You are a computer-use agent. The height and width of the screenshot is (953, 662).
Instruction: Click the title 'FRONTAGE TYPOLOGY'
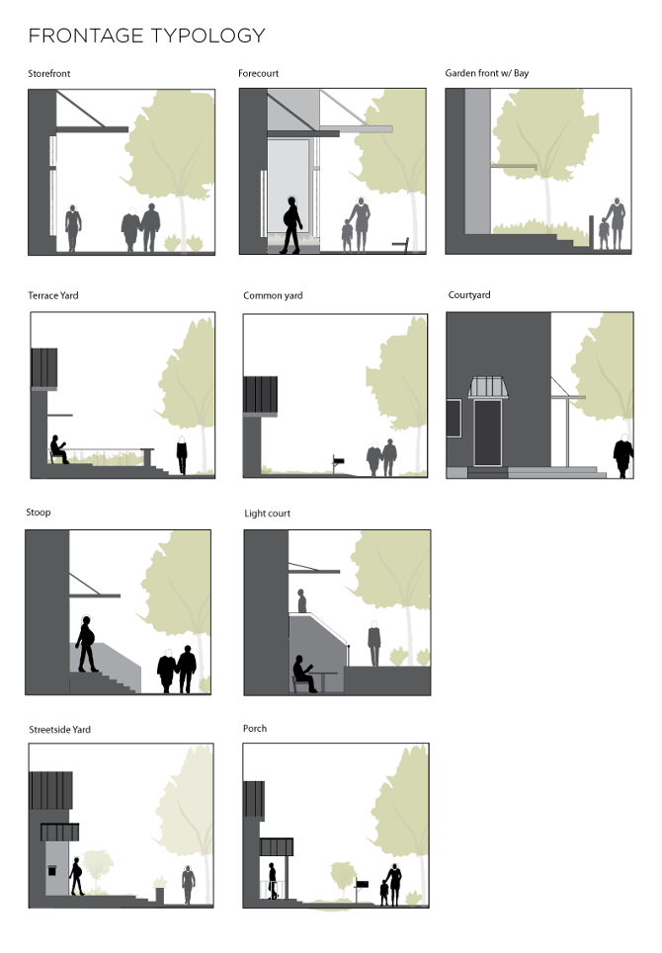(147, 36)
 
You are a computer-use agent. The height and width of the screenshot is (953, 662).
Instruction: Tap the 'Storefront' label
(48, 73)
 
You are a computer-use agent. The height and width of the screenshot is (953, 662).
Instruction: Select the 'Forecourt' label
(258, 73)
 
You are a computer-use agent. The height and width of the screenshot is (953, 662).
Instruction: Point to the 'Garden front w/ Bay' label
(487, 73)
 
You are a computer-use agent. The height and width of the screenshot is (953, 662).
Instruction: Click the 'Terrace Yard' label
(53, 295)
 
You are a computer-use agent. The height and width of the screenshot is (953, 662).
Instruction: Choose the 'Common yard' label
(273, 296)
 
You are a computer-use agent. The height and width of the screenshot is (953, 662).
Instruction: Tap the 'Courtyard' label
(469, 294)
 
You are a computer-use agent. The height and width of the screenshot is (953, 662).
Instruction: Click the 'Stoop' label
(39, 513)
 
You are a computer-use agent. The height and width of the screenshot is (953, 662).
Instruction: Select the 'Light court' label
(268, 514)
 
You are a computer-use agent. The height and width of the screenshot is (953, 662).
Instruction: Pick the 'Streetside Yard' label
(59, 730)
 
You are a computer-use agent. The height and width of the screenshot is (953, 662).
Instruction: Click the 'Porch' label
(255, 728)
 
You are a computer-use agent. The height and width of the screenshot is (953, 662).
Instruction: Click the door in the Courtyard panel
(487, 433)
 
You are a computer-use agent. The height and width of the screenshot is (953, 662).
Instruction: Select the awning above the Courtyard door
(487, 387)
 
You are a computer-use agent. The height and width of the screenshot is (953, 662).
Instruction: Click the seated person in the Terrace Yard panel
(58, 449)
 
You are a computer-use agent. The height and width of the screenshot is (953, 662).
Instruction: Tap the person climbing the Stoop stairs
(86, 644)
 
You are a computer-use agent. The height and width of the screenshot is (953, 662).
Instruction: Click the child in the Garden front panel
(604, 234)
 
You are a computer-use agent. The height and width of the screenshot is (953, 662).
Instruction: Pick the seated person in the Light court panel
(303, 674)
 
